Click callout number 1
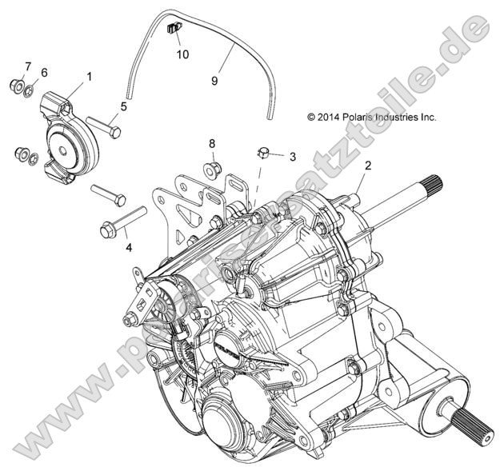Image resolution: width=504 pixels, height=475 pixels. (x=89, y=77)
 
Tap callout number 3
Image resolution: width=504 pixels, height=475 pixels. (x=293, y=157)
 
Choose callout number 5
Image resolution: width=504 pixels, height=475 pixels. (x=123, y=106)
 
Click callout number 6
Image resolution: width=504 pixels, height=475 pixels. (x=44, y=73)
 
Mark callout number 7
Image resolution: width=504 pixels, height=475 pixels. (x=28, y=66)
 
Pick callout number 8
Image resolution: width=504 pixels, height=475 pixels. (x=212, y=144)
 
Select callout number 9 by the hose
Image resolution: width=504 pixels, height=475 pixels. (x=214, y=80)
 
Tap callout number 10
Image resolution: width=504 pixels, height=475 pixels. (x=183, y=54)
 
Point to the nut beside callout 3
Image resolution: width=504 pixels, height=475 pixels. (x=264, y=152)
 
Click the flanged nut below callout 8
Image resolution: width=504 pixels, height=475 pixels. (x=212, y=168)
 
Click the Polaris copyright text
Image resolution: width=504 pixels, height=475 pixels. (x=372, y=117)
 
